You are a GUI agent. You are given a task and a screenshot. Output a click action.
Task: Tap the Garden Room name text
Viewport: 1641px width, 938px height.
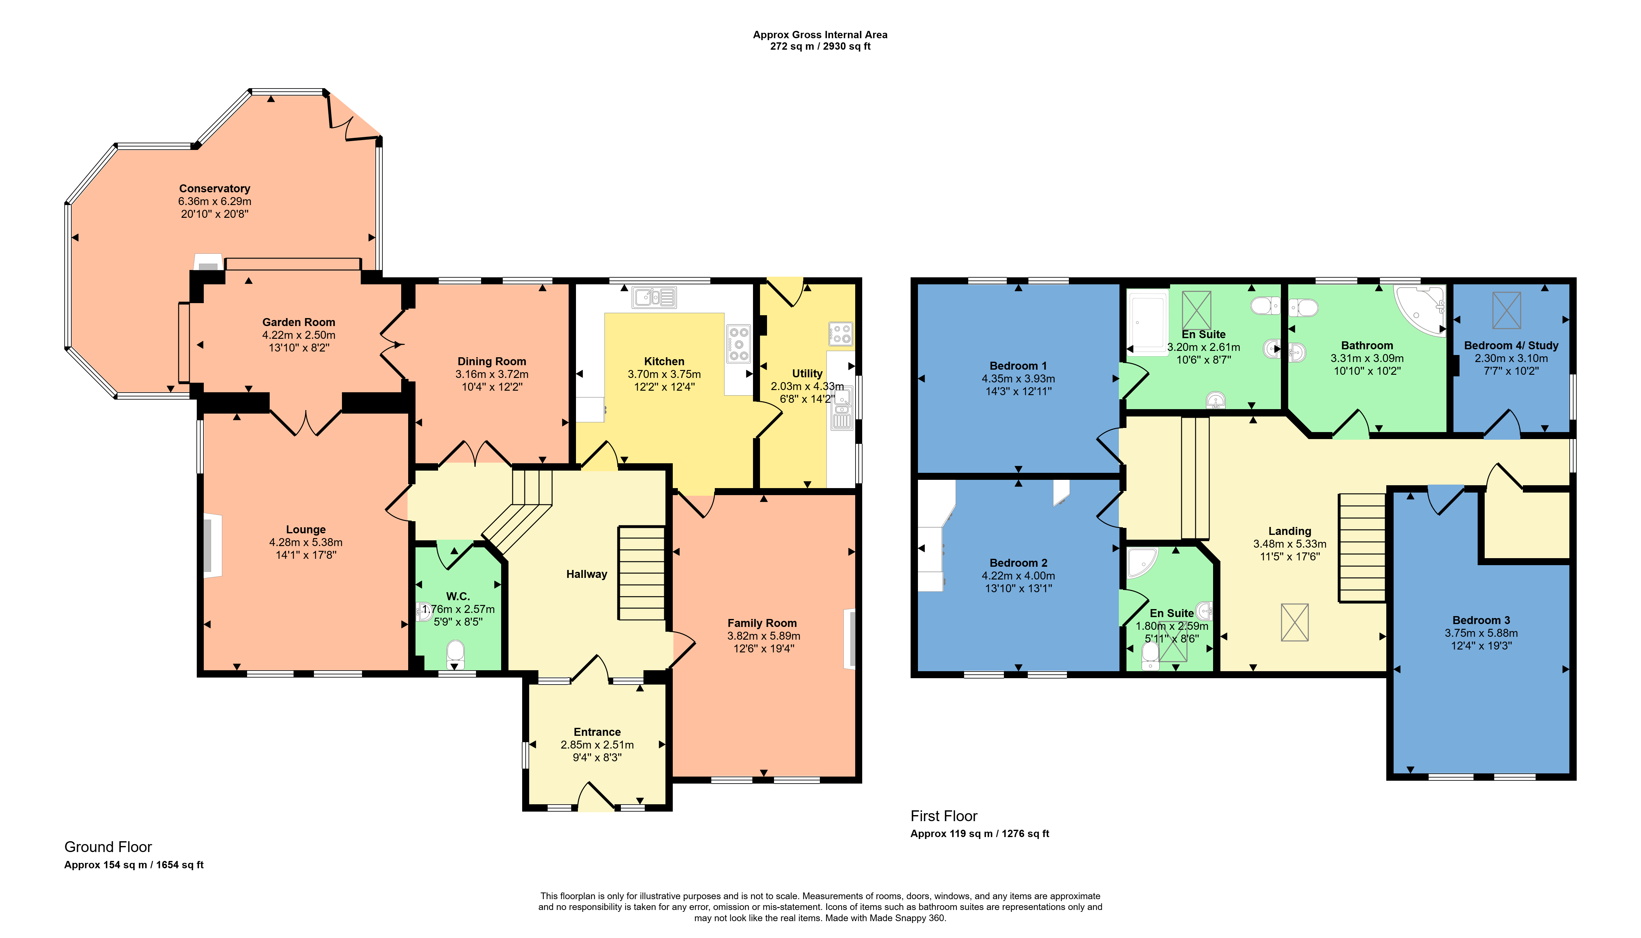[299, 322]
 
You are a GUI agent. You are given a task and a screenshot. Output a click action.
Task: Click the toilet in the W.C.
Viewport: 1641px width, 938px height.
[455, 655]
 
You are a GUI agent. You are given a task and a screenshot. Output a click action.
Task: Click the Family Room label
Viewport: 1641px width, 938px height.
[762, 623]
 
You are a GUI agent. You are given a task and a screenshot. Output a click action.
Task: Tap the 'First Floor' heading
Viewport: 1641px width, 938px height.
[944, 816]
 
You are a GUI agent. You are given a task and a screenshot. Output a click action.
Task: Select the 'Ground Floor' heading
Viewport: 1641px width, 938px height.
[108, 847]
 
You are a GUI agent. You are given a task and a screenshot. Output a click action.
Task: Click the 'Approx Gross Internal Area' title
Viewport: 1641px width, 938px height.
[820, 35]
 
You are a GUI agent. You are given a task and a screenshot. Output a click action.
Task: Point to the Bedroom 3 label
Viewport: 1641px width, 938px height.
[1481, 620]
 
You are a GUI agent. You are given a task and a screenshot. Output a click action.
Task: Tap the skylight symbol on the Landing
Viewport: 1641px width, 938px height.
[1295, 622]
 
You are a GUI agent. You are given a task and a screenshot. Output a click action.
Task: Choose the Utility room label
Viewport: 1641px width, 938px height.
[807, 374]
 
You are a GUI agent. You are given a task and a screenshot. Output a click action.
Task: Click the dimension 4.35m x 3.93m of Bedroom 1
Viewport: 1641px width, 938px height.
[1018, 379]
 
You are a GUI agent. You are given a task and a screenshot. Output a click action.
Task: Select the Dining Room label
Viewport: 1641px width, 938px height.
[492, 361]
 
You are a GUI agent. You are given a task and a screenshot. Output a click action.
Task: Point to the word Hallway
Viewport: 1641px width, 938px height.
[587, 574]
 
